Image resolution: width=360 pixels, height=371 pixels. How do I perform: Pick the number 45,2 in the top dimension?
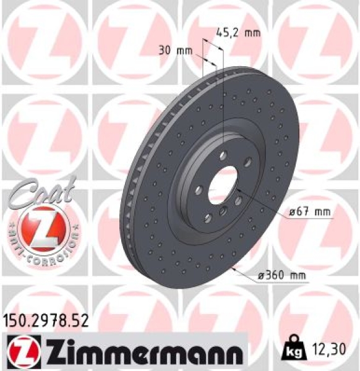tap(228, 32)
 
